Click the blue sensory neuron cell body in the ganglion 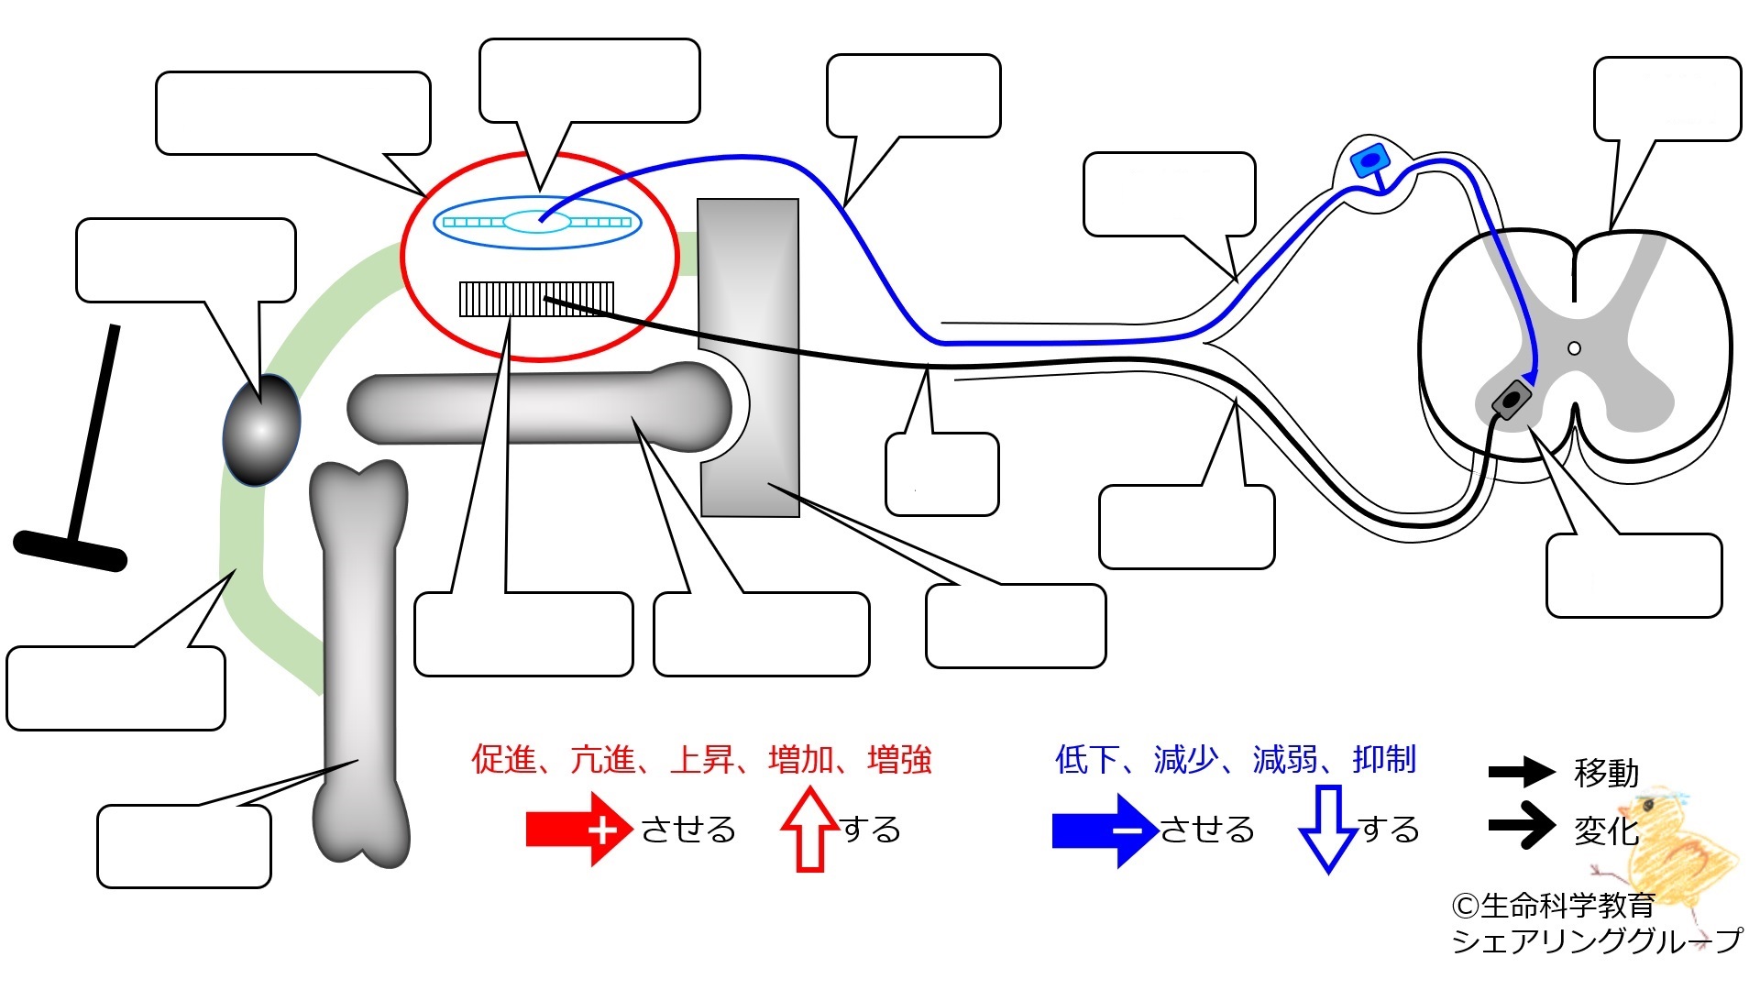(1369, 161)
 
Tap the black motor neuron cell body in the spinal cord (1512, 401)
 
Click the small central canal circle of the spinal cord (1575, 348)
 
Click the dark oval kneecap (261, 429)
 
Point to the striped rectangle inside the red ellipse (536, 299)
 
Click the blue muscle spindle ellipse (537, 222)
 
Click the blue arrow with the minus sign (1105, 830)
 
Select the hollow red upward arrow (810, 829)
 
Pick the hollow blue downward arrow (1328, 829)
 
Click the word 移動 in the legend (1606, 773)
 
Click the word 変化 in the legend (1606, 830)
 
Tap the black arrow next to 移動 (1522, 772)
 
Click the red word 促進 (503, 759)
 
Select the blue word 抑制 (1384, 759)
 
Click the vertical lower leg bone (360, 664)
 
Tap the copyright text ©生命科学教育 (1553, 906)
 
